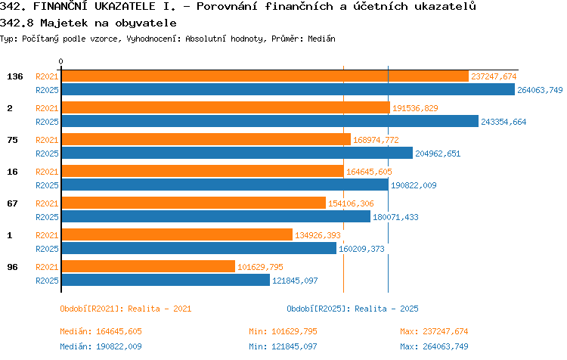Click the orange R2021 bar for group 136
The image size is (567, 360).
coord(265,76)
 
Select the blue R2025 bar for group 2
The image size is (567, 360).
coord(270,121)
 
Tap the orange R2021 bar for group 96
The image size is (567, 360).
coord(148,266)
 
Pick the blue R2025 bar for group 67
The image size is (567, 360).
coord(216,216)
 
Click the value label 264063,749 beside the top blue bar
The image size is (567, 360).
coord(540,90)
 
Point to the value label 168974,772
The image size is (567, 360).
coord(376,140)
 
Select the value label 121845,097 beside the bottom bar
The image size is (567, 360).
coord(295,281)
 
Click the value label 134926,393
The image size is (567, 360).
coord(318,235)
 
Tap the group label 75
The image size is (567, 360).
coord(12,140)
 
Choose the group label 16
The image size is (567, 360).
coord(12,172)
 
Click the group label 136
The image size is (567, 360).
coord(15,76)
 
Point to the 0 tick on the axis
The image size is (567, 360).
coord(60,61)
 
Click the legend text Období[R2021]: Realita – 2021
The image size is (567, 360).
coord(125,309)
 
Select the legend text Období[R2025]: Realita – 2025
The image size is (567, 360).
coord(352,309)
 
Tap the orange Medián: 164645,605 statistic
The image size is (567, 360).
coord(101,331)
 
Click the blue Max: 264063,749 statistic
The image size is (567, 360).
coord(434,346)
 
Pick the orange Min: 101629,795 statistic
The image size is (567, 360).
coord(283,331)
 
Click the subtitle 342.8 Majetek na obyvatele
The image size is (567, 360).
coord(88,23)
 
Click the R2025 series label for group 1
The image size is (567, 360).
coord(47,249)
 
